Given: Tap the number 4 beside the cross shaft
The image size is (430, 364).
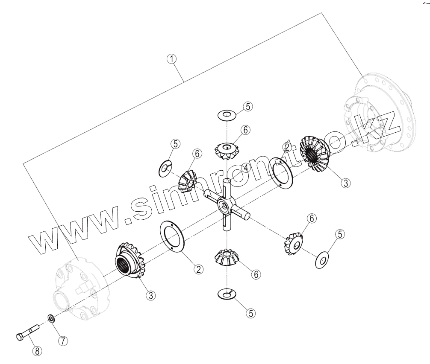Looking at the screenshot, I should (x=246, y=169).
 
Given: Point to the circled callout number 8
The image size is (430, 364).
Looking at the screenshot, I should (x=37, y=351).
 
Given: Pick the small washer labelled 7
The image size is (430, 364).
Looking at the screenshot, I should (x=50, y=318).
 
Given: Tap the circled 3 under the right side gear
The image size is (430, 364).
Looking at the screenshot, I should (x=346, y=183).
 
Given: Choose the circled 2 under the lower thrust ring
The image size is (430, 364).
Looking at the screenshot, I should (x=198, y=269).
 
